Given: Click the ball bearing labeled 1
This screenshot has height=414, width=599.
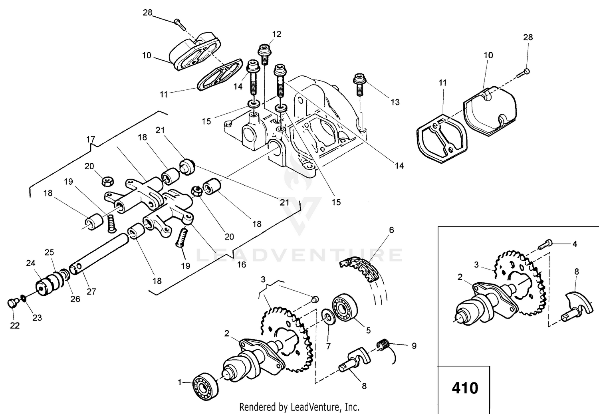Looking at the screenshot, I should [206, 386].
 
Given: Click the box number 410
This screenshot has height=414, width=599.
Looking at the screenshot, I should [465, 388].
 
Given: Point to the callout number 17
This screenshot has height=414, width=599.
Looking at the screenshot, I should [91, 139].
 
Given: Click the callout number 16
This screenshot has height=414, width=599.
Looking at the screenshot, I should [242, 265].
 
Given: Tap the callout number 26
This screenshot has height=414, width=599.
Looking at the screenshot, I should [75, 299].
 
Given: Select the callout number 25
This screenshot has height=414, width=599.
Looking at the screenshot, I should [50, 252].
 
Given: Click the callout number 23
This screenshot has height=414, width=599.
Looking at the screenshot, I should [37, 318].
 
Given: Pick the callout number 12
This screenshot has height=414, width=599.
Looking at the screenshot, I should [277, 34].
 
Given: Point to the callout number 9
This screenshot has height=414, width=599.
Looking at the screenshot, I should [414, 346].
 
